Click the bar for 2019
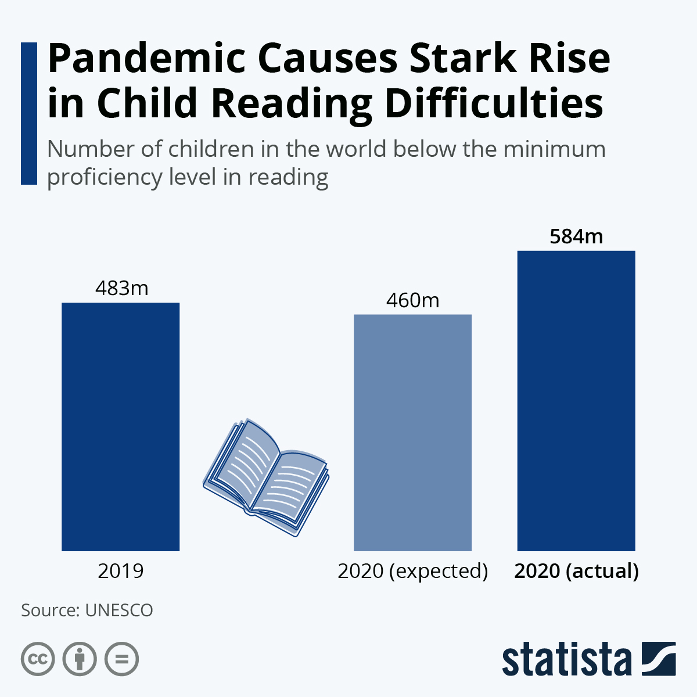(x=120, y=426)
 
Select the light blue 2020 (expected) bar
(x=412, y=432)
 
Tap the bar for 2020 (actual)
(x=576, y=400)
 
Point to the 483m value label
(x=122, y=288)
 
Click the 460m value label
(x=413, y=300)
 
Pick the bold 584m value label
(x=576, y=236)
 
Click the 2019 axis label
(x=121, y=571)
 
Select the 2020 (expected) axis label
(x=413, y=571)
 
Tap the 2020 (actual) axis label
(x=576, y=571)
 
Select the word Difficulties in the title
(x=494, y=103)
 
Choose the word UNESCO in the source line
(x=118, y=610)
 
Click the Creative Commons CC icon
(x=38, y=659)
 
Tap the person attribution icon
(x=80, y=659)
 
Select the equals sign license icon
(x=122, y=659)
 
